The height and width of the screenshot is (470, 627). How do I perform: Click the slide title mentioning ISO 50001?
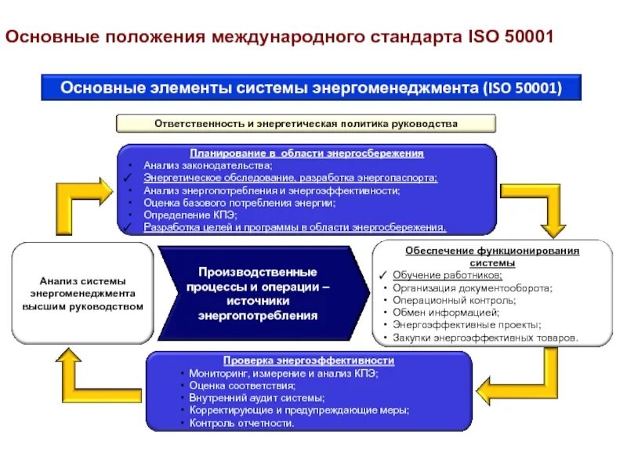[280, 38]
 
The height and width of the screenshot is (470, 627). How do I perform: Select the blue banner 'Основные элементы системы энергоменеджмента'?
[311, 88]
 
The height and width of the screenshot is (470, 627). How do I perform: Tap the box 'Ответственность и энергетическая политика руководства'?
[306, 124]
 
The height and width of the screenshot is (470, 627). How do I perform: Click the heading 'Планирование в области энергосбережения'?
[306, 154]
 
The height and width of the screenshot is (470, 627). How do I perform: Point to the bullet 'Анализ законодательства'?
[208, 165]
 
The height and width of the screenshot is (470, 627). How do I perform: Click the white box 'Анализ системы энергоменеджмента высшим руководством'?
[82, 293]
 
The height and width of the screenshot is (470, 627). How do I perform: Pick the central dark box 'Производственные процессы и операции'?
[258, 293]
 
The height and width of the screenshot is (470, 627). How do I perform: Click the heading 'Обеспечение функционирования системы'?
[492, 257]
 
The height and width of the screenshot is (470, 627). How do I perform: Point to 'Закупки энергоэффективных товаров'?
[485, 338]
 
